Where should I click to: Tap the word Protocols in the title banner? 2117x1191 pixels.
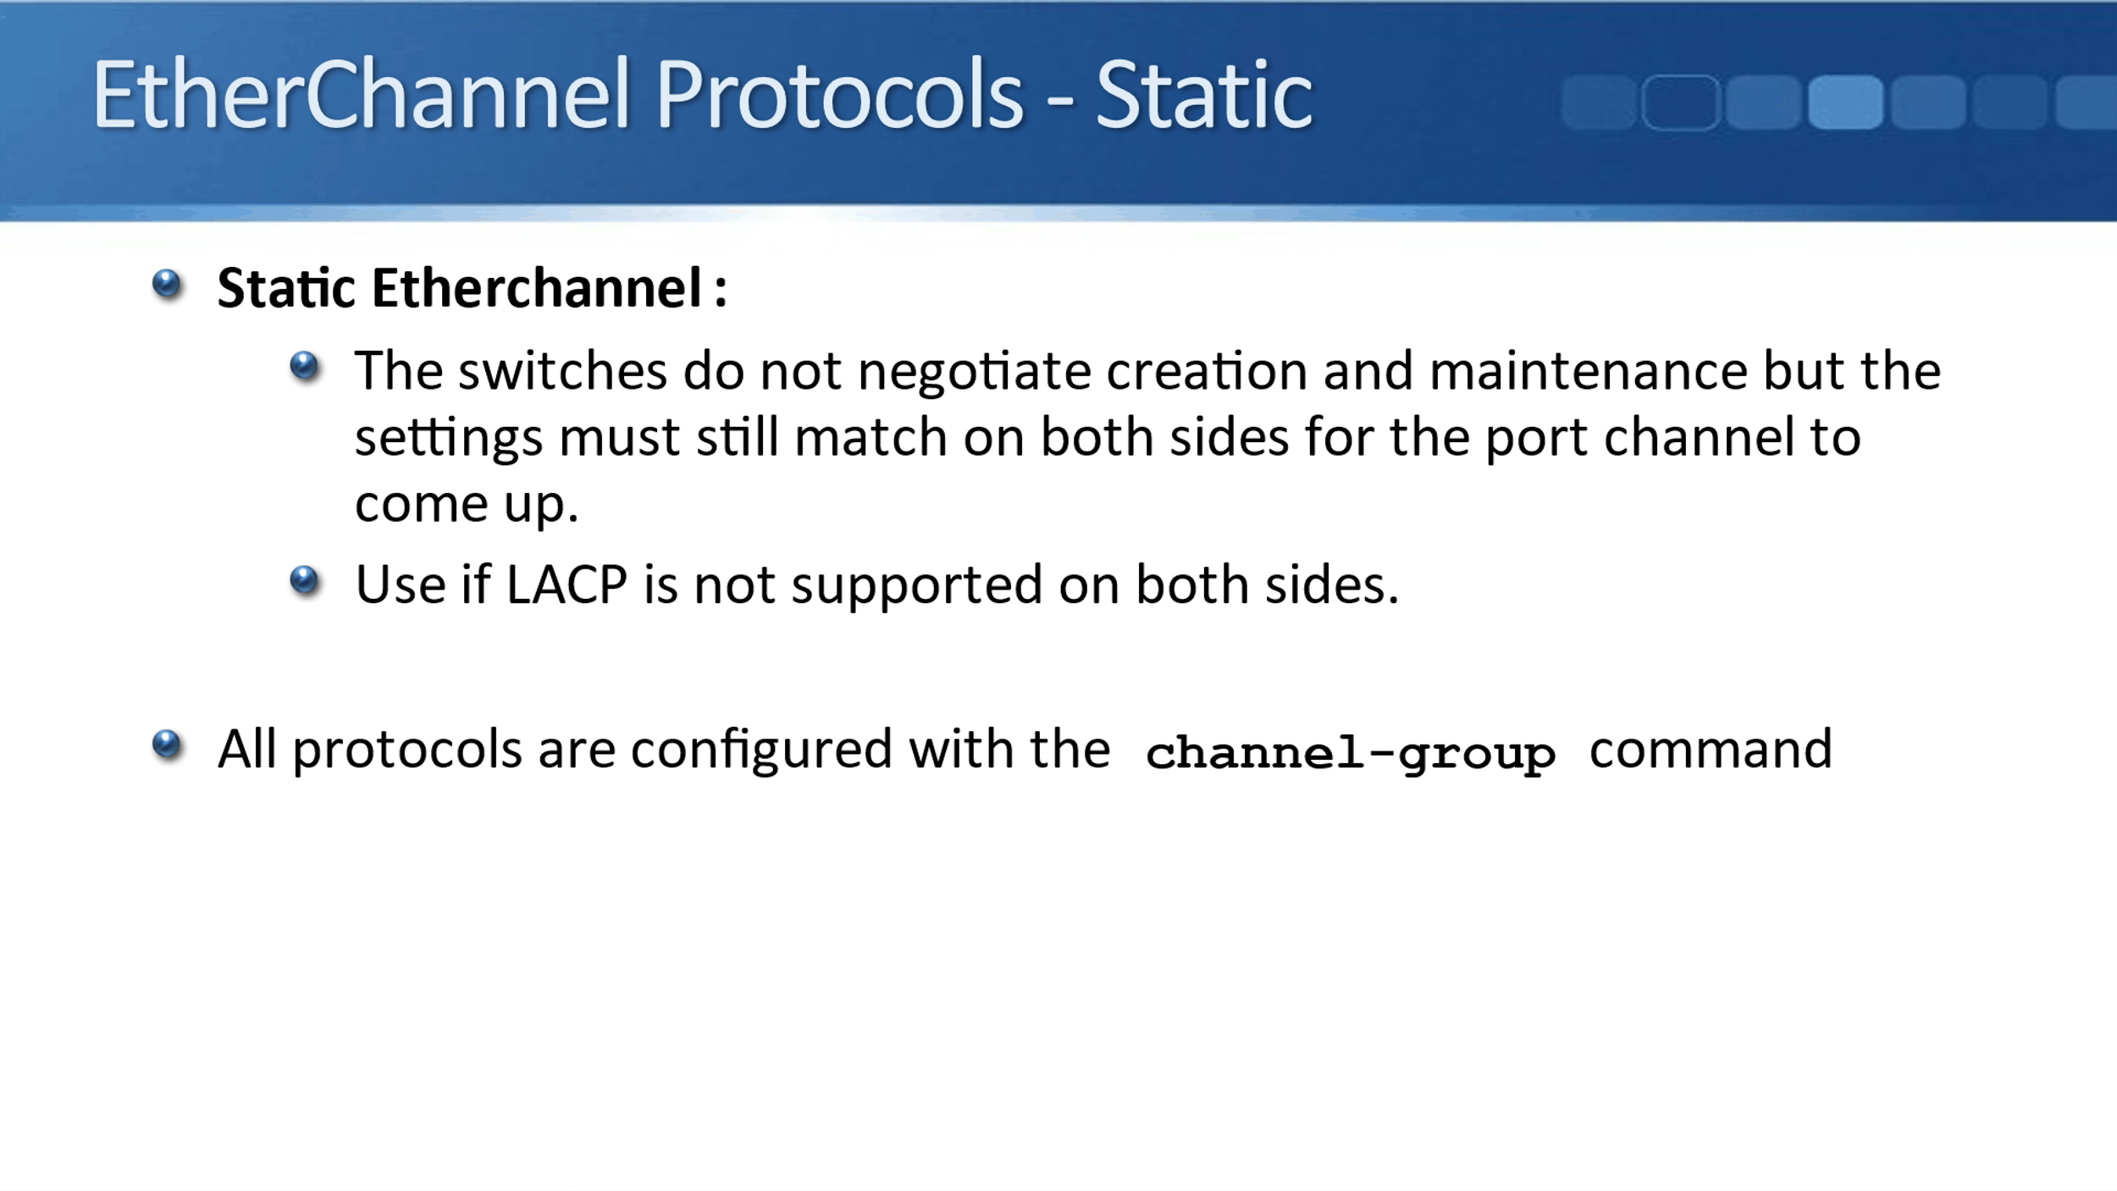click(x=839, y=94)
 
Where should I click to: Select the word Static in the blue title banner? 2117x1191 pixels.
click(x=1203, y=96)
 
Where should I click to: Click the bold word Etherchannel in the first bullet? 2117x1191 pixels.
click(x=537, y=288)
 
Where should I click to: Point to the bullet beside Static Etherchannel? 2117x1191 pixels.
click(x=167, y=284)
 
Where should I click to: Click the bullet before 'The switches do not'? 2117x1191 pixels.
click(x=304, y=367)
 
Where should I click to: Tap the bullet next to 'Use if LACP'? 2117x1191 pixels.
click(x=304, y=581)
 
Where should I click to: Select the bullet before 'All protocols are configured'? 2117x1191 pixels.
click(x=167, y=745)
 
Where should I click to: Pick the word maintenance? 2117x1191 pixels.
click(x=1589, y=371)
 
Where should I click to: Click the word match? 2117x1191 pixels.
click(x=871, y=437)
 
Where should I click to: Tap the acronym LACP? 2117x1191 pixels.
click(x=567, y=584)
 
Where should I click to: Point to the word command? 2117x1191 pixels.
click(x=1711, y=750)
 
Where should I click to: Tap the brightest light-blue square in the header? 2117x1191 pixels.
click(x=1845, y=102)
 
